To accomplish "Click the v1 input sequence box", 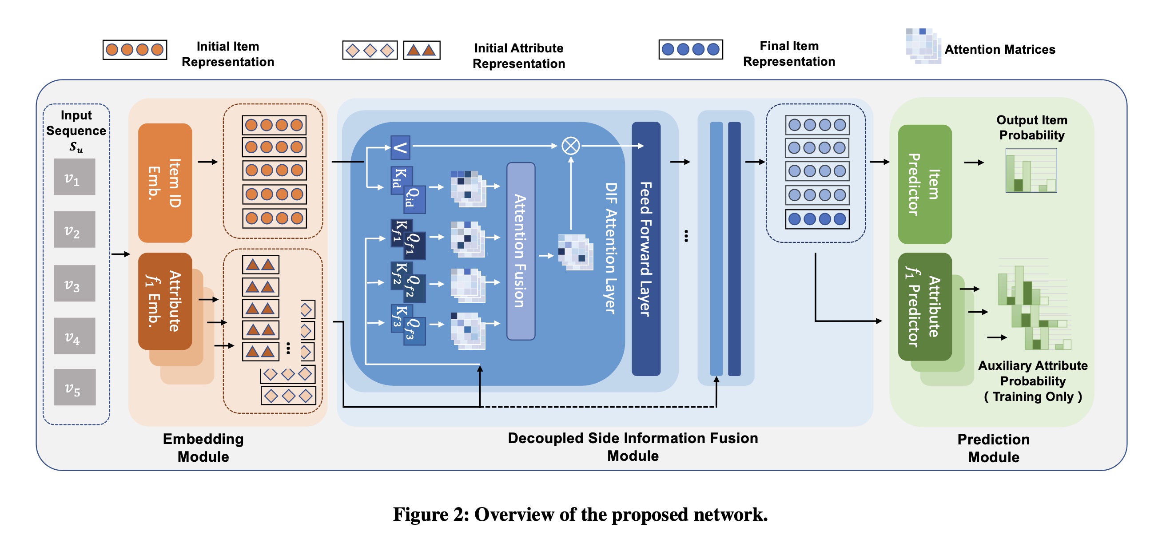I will click(74, 177).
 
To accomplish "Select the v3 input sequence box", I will click(74, 283).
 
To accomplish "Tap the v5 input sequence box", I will click(75, 387).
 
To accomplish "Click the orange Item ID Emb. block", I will click(165, 182).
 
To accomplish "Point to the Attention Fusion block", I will click(521, 251).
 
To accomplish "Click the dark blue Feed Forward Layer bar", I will click(646, 249).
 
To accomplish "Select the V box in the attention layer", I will click(400, 147).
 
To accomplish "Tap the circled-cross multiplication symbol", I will click(571, 146).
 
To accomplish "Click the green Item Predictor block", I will click(925, 184).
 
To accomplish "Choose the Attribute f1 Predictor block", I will click(925, 307).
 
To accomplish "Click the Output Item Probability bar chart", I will click(1031, 170).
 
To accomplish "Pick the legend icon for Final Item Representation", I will click(690, 49).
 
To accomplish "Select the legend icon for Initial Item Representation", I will click(135, 50).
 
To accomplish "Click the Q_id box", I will click(414, 199).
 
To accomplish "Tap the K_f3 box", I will click(401, 318).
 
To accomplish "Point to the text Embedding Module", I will click(203, 448).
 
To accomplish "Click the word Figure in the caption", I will click(421, 515).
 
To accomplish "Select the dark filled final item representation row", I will click(817, 219).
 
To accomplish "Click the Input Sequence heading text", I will click(76, 123).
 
